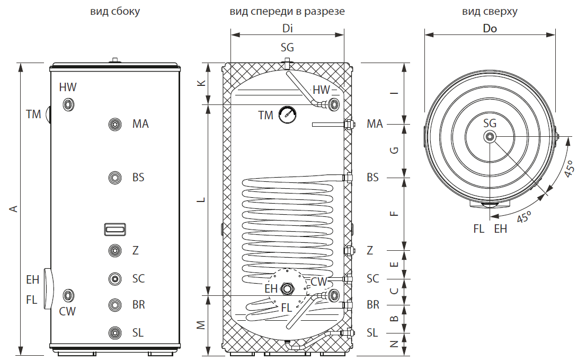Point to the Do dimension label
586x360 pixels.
tap(490, 29)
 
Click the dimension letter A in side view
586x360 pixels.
tap(14, 209)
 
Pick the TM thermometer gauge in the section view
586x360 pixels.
tap(287, 114)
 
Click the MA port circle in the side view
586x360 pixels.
tap(115, 124)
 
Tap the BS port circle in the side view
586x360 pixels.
tap(115, 177)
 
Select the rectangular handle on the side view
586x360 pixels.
tap(115, 229)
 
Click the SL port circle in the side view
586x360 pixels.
tap(115, 332)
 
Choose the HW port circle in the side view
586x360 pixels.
tap(68, 104)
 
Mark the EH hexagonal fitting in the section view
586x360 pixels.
tap(288, 289)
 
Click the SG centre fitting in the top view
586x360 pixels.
tap(490, 137)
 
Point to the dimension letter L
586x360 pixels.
tap(200, 200)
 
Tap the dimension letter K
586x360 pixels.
tap(200, 84)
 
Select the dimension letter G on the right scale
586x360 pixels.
tap(393, 151)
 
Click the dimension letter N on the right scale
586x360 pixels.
tap(393, 344)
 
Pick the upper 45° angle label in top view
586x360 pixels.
tap(567, 169)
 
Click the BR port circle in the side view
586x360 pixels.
tap(115, 305)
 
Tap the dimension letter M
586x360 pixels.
tap(200, 324)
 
